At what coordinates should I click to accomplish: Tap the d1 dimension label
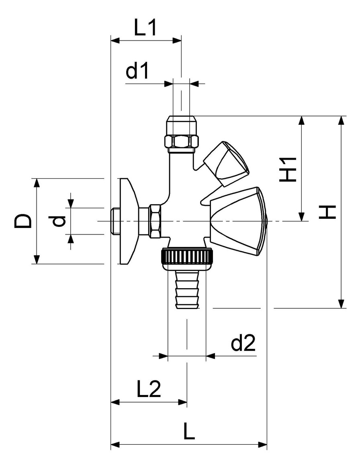click(137, 71)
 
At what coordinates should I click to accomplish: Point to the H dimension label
click(328, 212)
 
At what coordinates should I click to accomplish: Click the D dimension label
click(23, 221)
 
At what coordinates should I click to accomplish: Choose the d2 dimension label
click(243, 343)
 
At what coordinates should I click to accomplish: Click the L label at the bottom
click(189, 431)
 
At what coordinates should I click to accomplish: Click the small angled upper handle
click(227, 164)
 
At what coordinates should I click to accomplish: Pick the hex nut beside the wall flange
click(155, 221)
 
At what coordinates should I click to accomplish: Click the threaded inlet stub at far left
click(115, 221)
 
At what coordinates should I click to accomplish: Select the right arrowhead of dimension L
click(262, 445)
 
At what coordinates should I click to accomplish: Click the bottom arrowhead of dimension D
click(37, 259)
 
